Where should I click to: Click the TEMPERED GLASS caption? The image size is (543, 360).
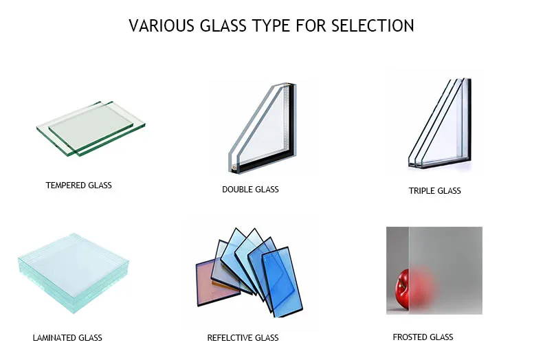click(x=78, y=185)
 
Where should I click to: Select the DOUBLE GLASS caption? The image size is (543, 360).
click(x=250, y=189)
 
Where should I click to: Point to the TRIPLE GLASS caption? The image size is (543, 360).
click(x=434, y=191)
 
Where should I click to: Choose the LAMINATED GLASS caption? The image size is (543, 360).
click(x=67, y=338)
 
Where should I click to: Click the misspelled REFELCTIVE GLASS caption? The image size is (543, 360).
click(x=243, y=338)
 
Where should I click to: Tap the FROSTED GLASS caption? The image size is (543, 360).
click(x=423, y=337)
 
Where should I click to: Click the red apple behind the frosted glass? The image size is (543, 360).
click(x=405, y=287)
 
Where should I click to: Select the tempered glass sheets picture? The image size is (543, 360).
click(x=91, y=128)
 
